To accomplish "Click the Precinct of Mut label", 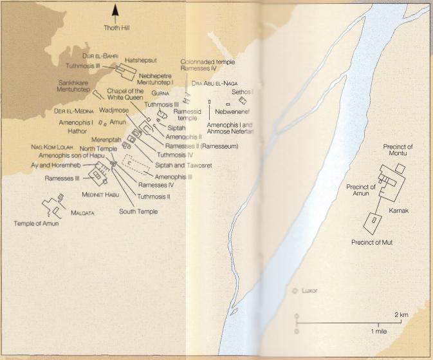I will pyautogui.click(x=373, y=242).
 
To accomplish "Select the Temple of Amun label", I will pyautogui.click(x=36, y=223).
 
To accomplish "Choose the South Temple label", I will pyautogui.click(x=137, y=211).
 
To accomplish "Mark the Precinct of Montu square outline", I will pyautogui.click(x=400, y=169).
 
